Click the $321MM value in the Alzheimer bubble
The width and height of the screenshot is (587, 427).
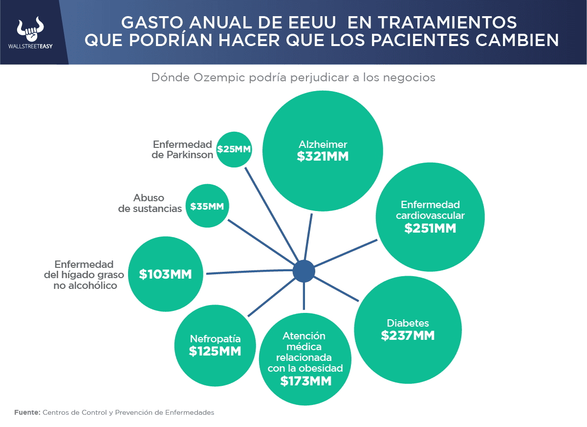point(323,157)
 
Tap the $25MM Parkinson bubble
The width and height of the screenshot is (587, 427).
point(234,149)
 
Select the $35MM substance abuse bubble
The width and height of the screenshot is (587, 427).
point(207,206)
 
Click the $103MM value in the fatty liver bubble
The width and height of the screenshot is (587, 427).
point(165,274)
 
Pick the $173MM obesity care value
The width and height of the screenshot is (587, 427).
point(305,381)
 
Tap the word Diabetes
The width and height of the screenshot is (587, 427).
point(408,323)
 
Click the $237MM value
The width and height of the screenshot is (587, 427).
point(408,335)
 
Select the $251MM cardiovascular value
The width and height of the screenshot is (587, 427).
point(430,228)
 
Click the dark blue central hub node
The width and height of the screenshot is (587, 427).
point(304,271)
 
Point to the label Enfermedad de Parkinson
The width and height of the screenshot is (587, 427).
point(182,149)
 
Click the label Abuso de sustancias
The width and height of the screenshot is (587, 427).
point(150,203)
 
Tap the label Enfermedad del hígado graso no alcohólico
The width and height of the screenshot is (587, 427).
point(84,274)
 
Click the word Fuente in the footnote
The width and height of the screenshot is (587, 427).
point(27,412)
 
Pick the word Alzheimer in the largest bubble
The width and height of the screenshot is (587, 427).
point(323,144)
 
